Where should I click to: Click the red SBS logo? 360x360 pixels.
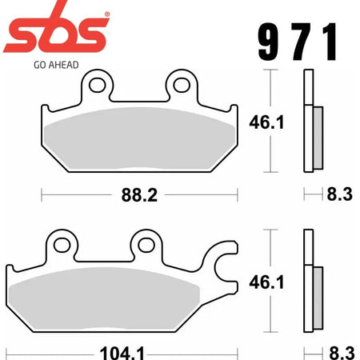pyautogui.click(x=55, y=30)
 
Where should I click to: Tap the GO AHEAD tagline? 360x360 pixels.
pyautogui.click(x=56, y=65)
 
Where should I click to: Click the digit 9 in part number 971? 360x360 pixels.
pyautogui.click(x=269, y=42)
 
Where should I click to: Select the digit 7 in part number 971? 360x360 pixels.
pyautogui.click(x=302, y=42)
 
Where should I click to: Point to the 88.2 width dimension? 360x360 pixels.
pyautogui.click(x=139, y=195)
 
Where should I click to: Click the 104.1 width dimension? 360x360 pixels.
pyautogui.click(x=122, y=353)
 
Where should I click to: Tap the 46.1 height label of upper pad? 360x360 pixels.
pyautogui.click(x=266, y=122)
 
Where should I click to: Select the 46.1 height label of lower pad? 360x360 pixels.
pyautogui.click(x=266, y=282)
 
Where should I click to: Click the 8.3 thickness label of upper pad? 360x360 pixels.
pyautogui.click(x=339, y=194)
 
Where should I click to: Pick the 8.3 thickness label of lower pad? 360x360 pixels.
pyautogui.click(x=342, y=353)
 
